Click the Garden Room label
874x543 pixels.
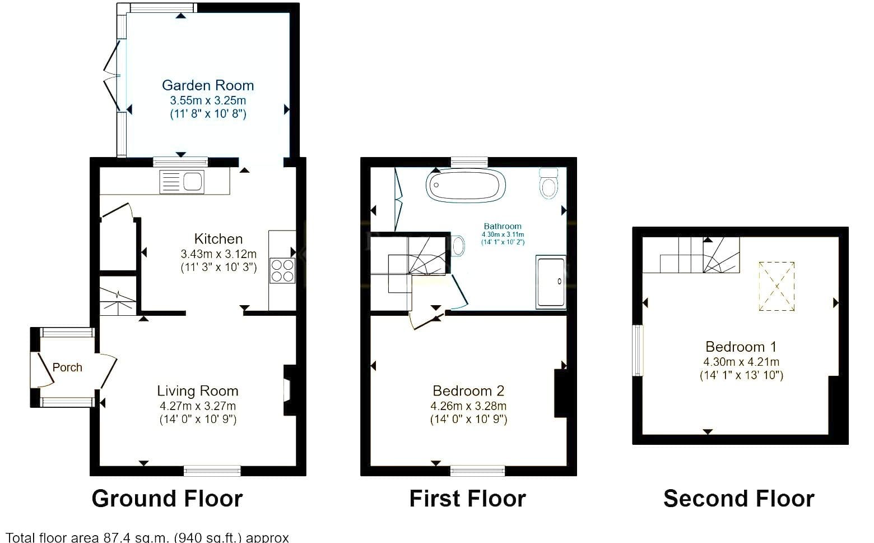(207, 85)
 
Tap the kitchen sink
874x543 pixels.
(182, 182)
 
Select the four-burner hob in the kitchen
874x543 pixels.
(282, 270)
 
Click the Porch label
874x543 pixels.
(67, 367)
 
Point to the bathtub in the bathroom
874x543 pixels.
(466, 186)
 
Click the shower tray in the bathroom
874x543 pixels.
(551, 282)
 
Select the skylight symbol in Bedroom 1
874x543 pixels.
(777, 286)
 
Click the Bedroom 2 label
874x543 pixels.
(468, 390)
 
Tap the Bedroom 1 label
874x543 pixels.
(741, 347)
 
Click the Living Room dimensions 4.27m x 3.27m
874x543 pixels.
(198, 406)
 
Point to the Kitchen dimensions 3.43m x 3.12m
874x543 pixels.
(218, 254)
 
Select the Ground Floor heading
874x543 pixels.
(168, 499)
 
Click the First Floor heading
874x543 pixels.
(467, 499)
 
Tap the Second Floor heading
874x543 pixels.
(739, 499)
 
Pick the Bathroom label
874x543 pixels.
(503, 226)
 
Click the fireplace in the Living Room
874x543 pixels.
(290, 390)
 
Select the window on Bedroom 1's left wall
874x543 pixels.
(638, 351)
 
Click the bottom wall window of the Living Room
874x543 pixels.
(212, 471)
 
